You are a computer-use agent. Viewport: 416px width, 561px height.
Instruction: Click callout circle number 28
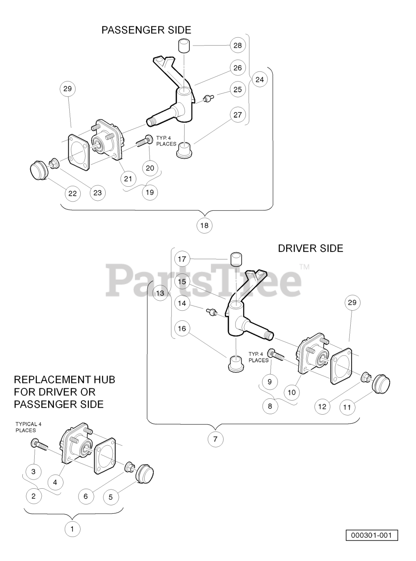point(238,45)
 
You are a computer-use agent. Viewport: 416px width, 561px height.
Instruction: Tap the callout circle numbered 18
point(204,225)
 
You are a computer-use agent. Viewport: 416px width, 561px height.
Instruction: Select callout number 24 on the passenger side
point(260,79)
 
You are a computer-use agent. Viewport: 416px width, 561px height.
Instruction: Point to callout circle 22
point(73,193)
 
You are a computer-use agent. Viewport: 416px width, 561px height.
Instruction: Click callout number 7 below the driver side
point(215,439)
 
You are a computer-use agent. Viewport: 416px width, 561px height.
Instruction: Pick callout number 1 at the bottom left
point(72,529)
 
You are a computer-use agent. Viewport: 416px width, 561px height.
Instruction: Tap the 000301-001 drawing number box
point(371,536)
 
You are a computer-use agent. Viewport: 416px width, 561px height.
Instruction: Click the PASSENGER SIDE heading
point(146,30)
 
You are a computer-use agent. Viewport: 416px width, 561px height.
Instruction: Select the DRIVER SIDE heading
point(310,249)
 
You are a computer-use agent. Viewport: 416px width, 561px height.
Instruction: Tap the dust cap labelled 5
point(144,474)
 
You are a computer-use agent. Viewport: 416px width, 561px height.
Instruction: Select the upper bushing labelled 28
point(185,45)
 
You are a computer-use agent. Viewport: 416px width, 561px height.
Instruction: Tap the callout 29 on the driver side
point(352,302)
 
